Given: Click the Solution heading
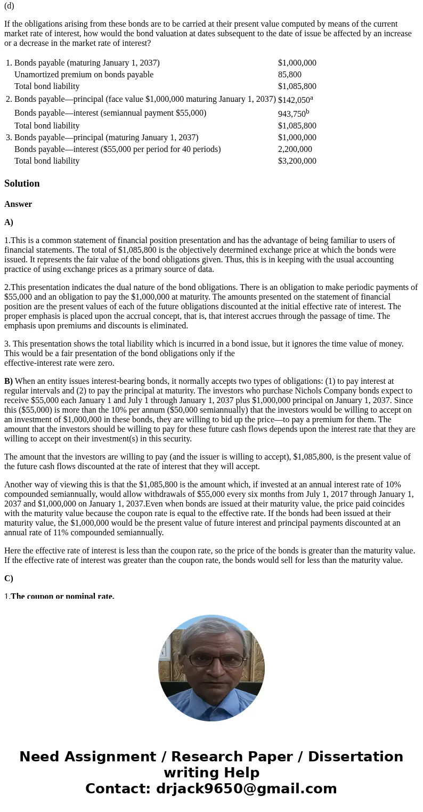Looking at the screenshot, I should point(22,183).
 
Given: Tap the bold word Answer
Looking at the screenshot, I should point(18,204).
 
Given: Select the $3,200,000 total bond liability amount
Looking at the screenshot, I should point(297,161).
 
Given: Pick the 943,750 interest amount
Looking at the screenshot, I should point(291,114).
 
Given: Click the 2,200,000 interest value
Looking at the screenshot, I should point(295,149).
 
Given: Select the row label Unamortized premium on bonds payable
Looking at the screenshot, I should point(84,75).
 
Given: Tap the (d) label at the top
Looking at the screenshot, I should point(9,6).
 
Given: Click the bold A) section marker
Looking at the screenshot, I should point(9,222).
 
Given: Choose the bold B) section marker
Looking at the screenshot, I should point(9,381).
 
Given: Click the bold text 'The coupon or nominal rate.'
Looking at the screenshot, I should point(62,596).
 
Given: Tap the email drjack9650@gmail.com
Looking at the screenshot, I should point(246,789).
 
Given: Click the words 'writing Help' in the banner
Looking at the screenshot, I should point(211,773).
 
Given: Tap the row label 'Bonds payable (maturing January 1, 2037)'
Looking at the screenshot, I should point(87,63).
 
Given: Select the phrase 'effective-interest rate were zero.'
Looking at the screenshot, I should point(59,363).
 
